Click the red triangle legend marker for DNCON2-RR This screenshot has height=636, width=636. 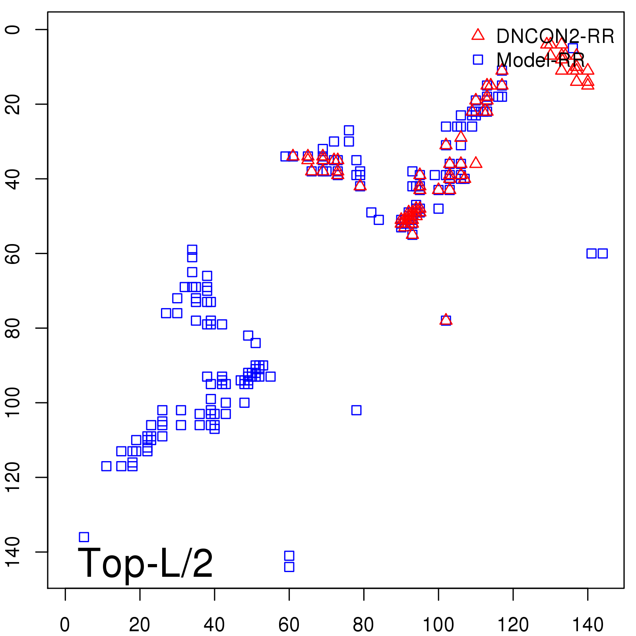click(x=478, y=35)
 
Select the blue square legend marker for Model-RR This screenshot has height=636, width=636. click(x=478, y=60)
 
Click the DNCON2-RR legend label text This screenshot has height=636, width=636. click(x=555, y=37)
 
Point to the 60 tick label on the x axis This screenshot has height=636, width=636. click(x=289, y=625)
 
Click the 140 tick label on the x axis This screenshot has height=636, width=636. click(x=588, y=625)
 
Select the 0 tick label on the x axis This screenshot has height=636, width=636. click(x=65, y=625)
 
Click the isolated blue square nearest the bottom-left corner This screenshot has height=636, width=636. click(x=84, y=537)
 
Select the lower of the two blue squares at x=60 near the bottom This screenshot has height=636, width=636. click(x=289, y=567)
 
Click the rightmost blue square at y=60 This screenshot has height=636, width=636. click(x=603, y=253)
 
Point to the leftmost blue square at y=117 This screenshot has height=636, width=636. click(x=106, y=466)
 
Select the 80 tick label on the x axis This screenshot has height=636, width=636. click(x=363, y=625)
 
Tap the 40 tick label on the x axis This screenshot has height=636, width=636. click(x=214, y=625)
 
